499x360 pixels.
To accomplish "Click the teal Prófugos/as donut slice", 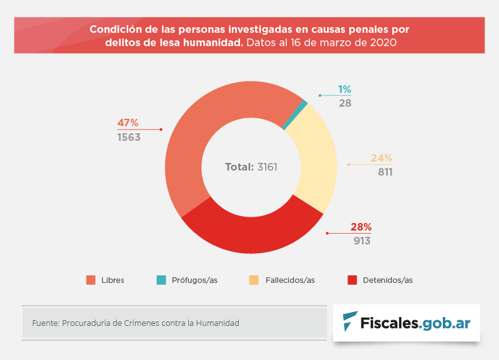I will tap(304, 104).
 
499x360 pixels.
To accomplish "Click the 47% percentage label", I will tap(128, 123).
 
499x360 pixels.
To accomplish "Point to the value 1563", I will tap(129, 137).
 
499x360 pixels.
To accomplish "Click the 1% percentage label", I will tap(344, 89).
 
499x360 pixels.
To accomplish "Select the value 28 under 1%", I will tap(345, 103).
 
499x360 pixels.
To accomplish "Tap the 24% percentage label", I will tap(382, 158).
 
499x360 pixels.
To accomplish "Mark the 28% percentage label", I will tap(361, 227).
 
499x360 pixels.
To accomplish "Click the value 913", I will tap(361, 241).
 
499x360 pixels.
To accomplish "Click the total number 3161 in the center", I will tap(267, 167).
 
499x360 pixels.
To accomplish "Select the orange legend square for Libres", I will tap(90, 280).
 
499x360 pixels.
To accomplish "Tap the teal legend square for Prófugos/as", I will tap(162, 280).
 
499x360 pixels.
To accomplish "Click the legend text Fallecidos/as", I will tap(291, 280).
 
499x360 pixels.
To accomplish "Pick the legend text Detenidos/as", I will tap(387, 280).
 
